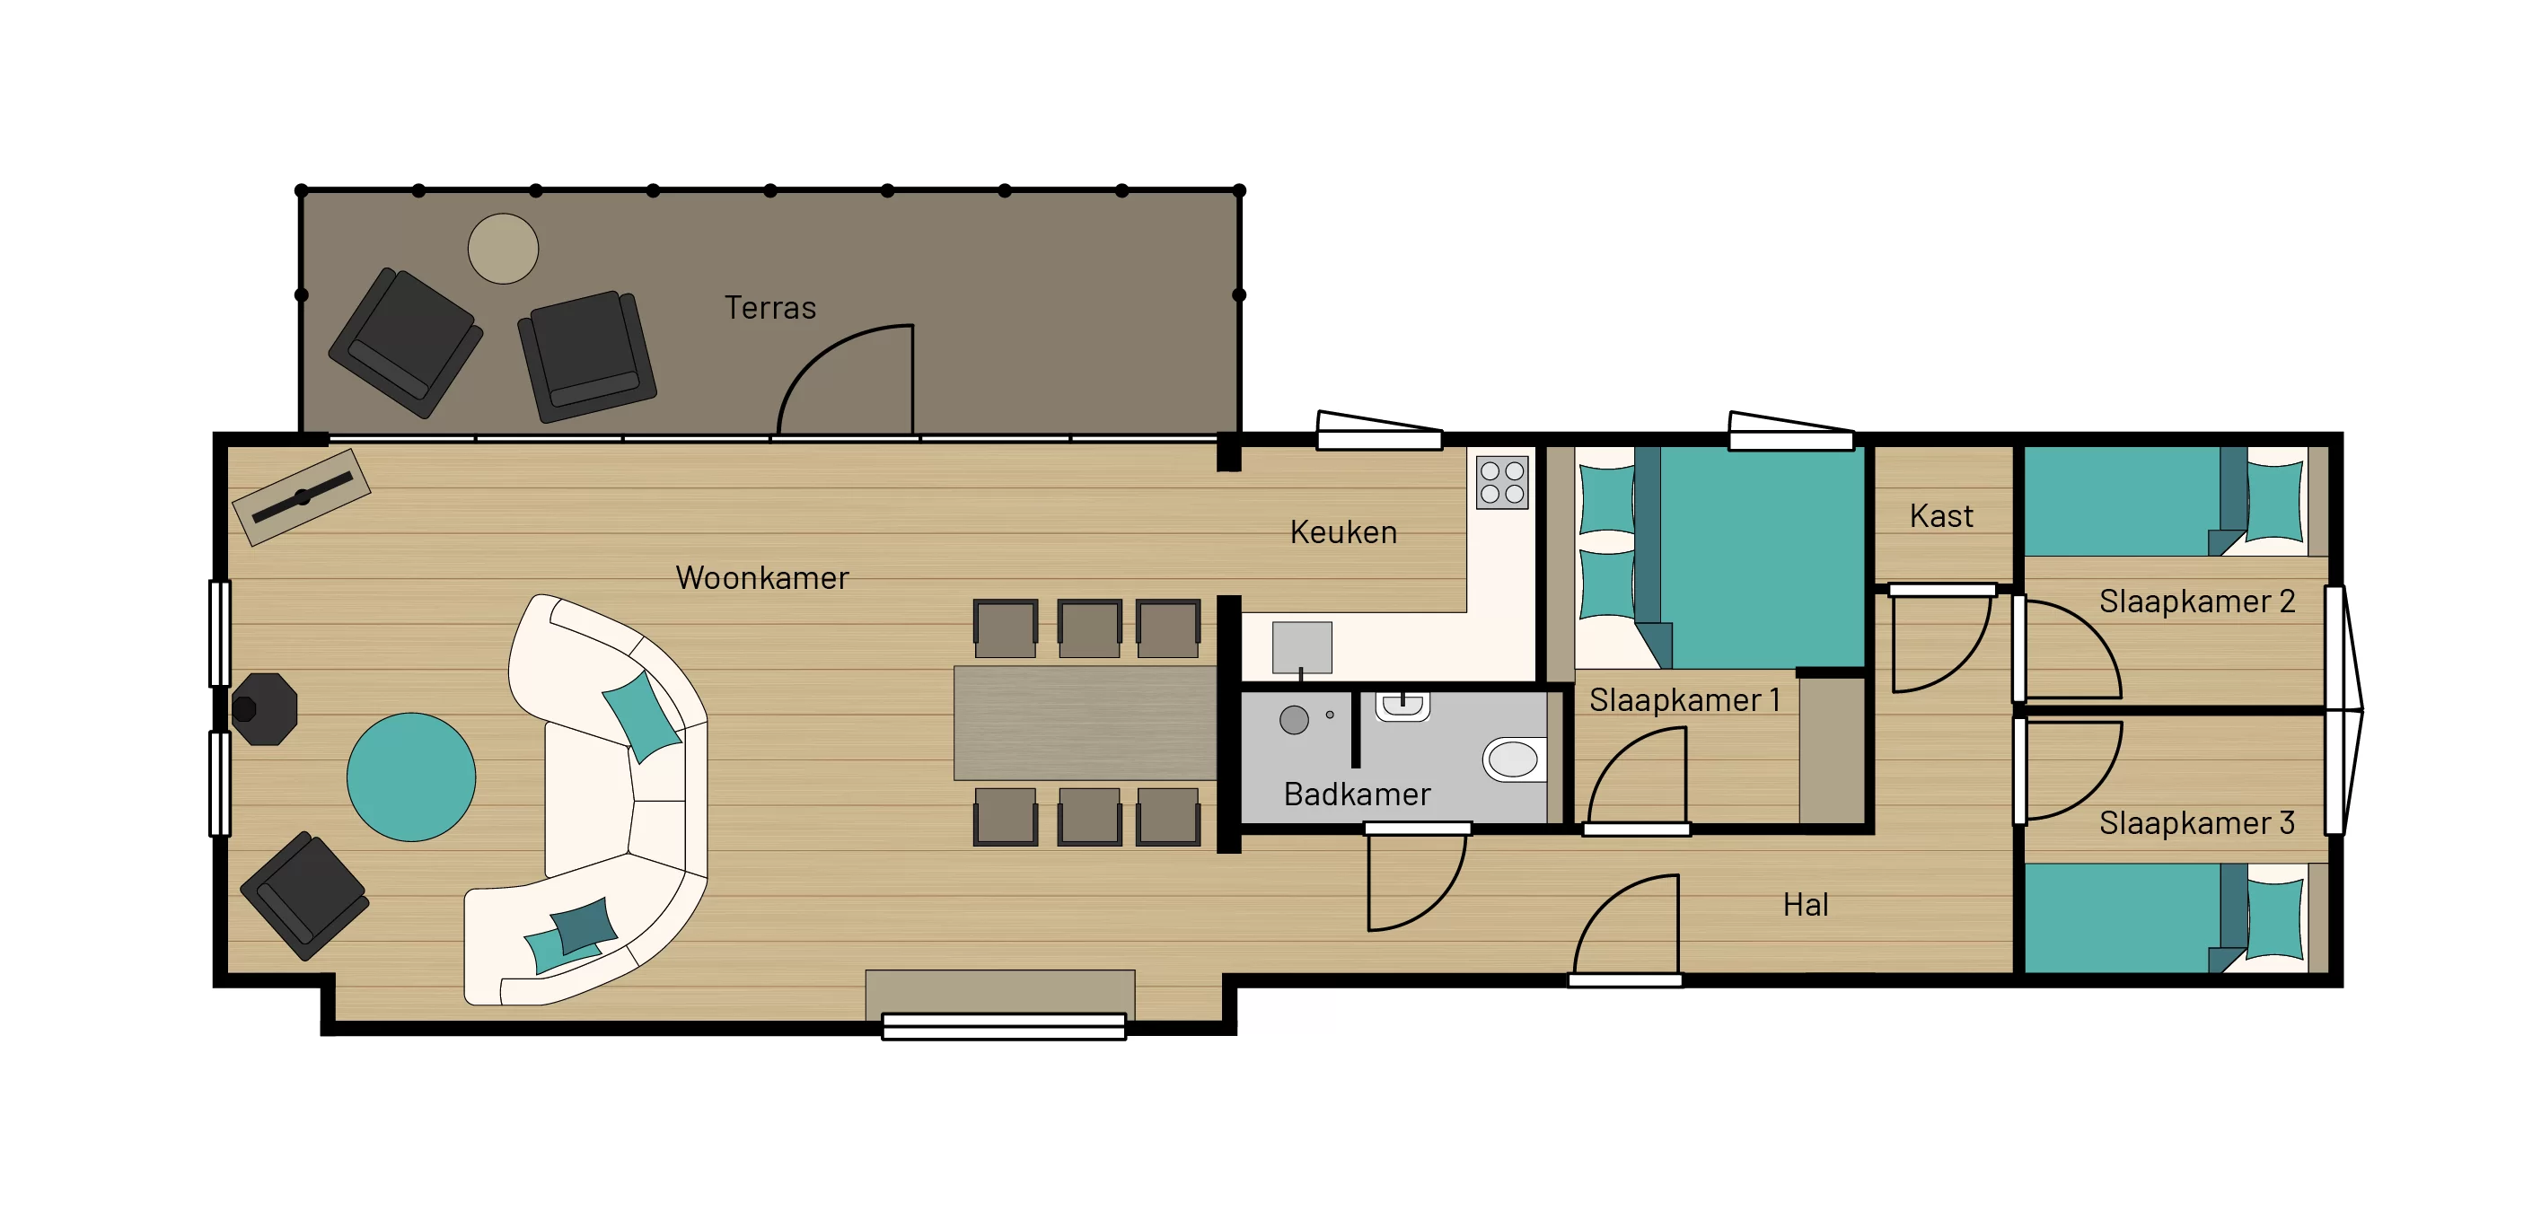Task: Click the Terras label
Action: (x=770, y=308)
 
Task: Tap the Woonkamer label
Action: (x=761, y=578)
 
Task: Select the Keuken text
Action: (x=1343, y=532)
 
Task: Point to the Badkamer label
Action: (x=1357, y=794)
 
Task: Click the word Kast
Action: (x=1941, y=516)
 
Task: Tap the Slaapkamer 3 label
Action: (x=2197, y=822)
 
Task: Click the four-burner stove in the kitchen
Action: (x=1502, y=482)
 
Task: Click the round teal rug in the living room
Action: (x=411, y=777)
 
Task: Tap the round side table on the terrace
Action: (x=503, y=249)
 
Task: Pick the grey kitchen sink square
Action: (x=1302, y=647)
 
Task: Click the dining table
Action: (x=1085, y=723)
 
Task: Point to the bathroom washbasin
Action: (x=1402, y=707)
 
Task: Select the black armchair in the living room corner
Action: (x=304, y=896)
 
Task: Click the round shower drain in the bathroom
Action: (x=1294, y=720)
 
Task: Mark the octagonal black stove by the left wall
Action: (x=263, y=708)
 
